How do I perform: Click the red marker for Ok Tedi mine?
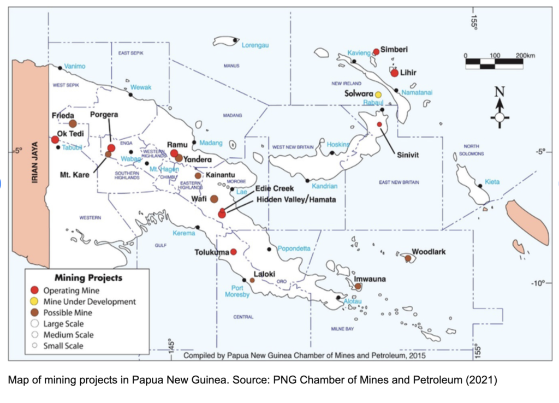pyautogui.click(x=55, y=140)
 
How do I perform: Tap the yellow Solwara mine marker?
pyautogui.click(x=378, y=94)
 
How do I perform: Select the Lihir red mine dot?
pyautogui.click(x=395, y=73)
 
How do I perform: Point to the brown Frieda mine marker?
pyautogui.click(x=73, y=123)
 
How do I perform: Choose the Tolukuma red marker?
pyautogui.click(x=233, y=252)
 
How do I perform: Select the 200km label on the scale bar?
pyautogui.click(x=525, y=56)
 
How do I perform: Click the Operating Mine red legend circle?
pyautogui.click(x=34, y=291)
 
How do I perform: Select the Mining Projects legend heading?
pyautogui.click(x=88, y=278)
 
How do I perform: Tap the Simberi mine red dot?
pyautogui.click(x=376, y=52)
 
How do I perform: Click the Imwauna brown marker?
pyautogui.click(x=358, y=286)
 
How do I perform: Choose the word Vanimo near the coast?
pyautogui.click(x=75, y=66)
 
